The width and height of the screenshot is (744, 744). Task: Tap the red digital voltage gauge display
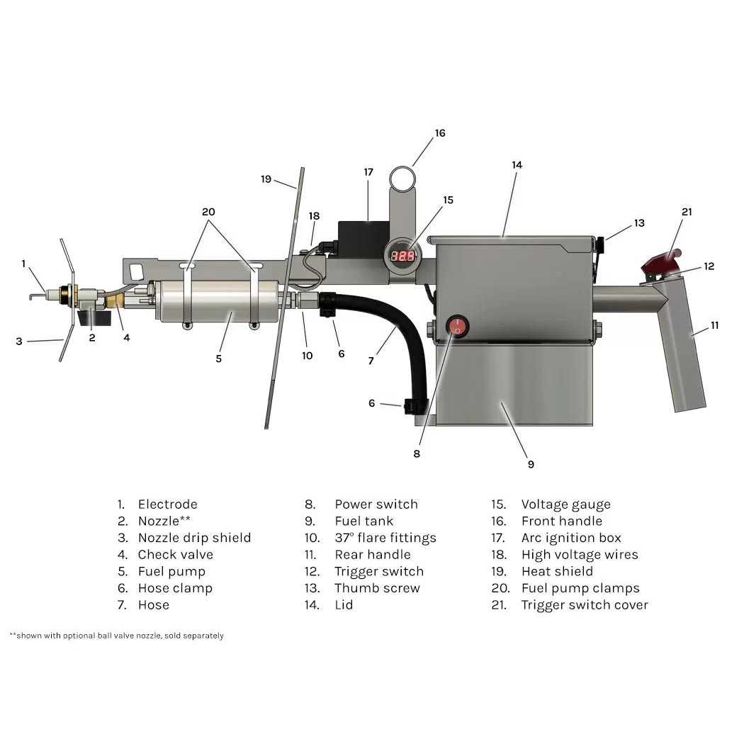[403, 256]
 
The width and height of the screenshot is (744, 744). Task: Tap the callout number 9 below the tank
[531, 464]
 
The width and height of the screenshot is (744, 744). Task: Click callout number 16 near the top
[440, 133]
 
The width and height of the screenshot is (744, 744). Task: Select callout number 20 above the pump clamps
[208, 211]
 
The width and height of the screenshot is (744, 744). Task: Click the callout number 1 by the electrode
[23, 264]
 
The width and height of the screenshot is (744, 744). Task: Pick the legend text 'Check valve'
[175, 555]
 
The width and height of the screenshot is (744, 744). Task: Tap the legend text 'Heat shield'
[557, 571]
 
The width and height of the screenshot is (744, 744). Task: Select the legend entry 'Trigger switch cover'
[584, 605]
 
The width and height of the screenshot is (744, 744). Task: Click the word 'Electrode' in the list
[167, 505]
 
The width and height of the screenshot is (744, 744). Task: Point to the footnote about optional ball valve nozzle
[117, 636]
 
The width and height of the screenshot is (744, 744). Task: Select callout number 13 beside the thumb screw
[639, 222]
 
